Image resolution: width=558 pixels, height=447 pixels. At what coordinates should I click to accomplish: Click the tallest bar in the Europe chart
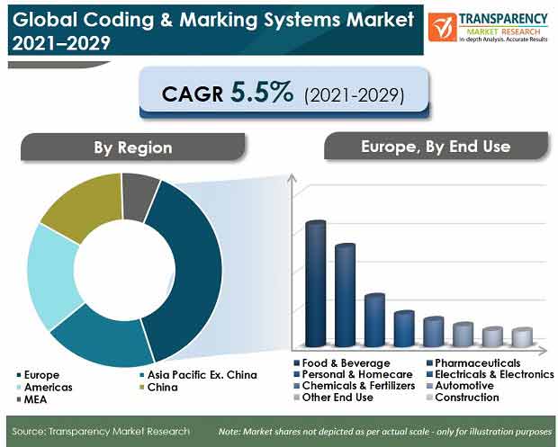click(316, 283)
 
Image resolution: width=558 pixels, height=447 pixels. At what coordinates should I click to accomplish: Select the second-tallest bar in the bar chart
click(346, 295)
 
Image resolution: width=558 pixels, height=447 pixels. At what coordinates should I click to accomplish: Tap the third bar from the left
click(374, 320)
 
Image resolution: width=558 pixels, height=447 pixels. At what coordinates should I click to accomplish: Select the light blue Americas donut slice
click(53, 275)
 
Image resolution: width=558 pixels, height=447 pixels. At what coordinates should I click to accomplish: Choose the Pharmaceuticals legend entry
click(473, 363)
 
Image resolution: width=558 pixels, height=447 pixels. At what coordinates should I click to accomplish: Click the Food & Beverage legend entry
click(342, 363)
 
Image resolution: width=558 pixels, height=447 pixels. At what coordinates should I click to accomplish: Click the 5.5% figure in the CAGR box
click(262, 93)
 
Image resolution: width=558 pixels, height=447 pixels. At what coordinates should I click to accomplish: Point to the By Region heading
click(132, 148)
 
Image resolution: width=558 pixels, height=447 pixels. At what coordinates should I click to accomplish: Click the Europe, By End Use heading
click(436, 147)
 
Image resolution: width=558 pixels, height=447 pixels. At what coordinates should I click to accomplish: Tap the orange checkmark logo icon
click(442, 27)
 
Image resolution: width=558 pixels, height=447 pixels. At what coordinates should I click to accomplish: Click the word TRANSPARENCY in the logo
click(503, 19)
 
